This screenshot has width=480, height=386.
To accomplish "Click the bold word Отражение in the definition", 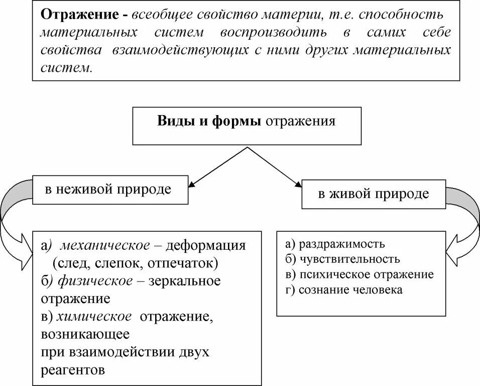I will click(80, 14).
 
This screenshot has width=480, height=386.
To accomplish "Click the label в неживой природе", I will click(108, 189).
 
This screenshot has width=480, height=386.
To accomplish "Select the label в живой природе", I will click(374, 194).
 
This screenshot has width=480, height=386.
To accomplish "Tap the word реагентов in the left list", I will click(73, 370).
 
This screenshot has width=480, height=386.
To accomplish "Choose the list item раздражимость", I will click(341, 244).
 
